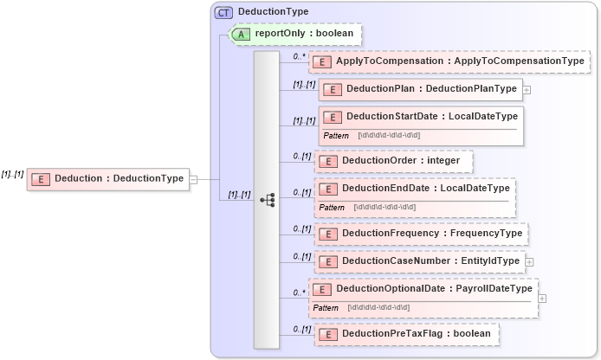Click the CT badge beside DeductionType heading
224,12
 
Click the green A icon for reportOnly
242,34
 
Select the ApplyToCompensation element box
449,61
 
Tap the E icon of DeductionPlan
332,89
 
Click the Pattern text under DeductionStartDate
336,136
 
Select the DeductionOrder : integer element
394,161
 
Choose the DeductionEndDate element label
423,189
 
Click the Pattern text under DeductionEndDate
332,208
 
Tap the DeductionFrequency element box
421,234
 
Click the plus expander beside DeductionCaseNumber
530,261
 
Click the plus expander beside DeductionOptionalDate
542,298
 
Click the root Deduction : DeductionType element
107,179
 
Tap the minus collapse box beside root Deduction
194,179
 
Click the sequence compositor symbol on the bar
267,200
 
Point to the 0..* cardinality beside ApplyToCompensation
300,56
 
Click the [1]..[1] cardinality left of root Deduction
12,174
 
